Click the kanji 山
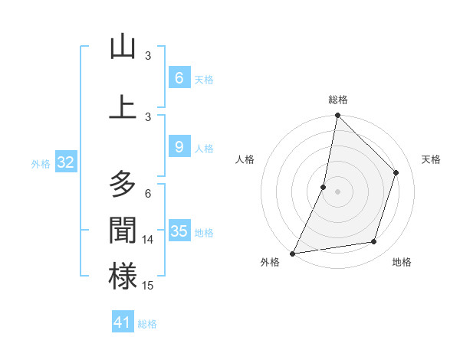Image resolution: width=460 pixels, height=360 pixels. pyautogui.click(x=123, y=47)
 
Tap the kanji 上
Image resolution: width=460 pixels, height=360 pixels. pyautogui.click(x=123, y=106)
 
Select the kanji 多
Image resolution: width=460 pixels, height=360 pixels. pyautogui.click(x=123, y=184)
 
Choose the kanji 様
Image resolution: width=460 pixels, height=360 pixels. pyautogui.click(x=123, y=277)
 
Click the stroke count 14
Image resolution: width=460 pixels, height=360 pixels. pyautogui.click(x=148, y=240)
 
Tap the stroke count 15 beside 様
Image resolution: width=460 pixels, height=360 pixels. pyautogui.click(x=148, y=286)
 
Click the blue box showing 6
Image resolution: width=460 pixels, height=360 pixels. pyautogui.click(x=179, y=78)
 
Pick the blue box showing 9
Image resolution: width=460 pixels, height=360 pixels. pyautogui.click(x=179, y=147)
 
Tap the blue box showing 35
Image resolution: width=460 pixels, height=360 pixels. pyautogui.click(x=179, y=231)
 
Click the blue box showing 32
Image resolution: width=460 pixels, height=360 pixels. pyautogui.click(x=65, y=162)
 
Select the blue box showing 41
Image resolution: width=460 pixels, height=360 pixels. pyautogui.click(x=123, y=322)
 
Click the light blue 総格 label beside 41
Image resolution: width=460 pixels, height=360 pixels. pyautogui.click(x=147, y=324)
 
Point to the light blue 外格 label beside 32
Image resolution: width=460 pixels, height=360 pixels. pyautogui.click(x=41, y=163)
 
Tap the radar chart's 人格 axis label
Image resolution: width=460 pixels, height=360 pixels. pyautogui.click(x=245, y=159)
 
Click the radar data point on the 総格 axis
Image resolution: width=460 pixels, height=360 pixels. pyautogui.click(x=337, y=115)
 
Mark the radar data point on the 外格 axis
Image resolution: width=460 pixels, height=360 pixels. pyautogui.click(x=292, y=253)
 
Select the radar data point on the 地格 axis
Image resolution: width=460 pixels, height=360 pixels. pyautogui.click(x=374, y=242)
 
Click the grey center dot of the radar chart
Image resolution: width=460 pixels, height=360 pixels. pyautogui.click(x=337, y=191)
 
